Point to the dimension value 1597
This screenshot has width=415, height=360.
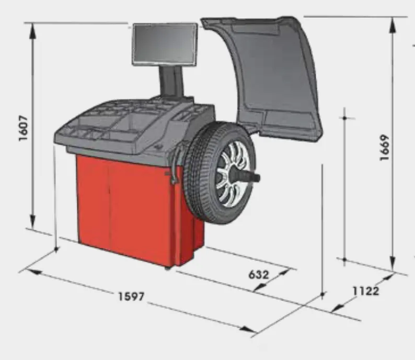tap(131, 296)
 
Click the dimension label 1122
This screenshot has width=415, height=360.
tap(365, 290)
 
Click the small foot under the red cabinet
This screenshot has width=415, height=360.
tap(167, 268)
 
